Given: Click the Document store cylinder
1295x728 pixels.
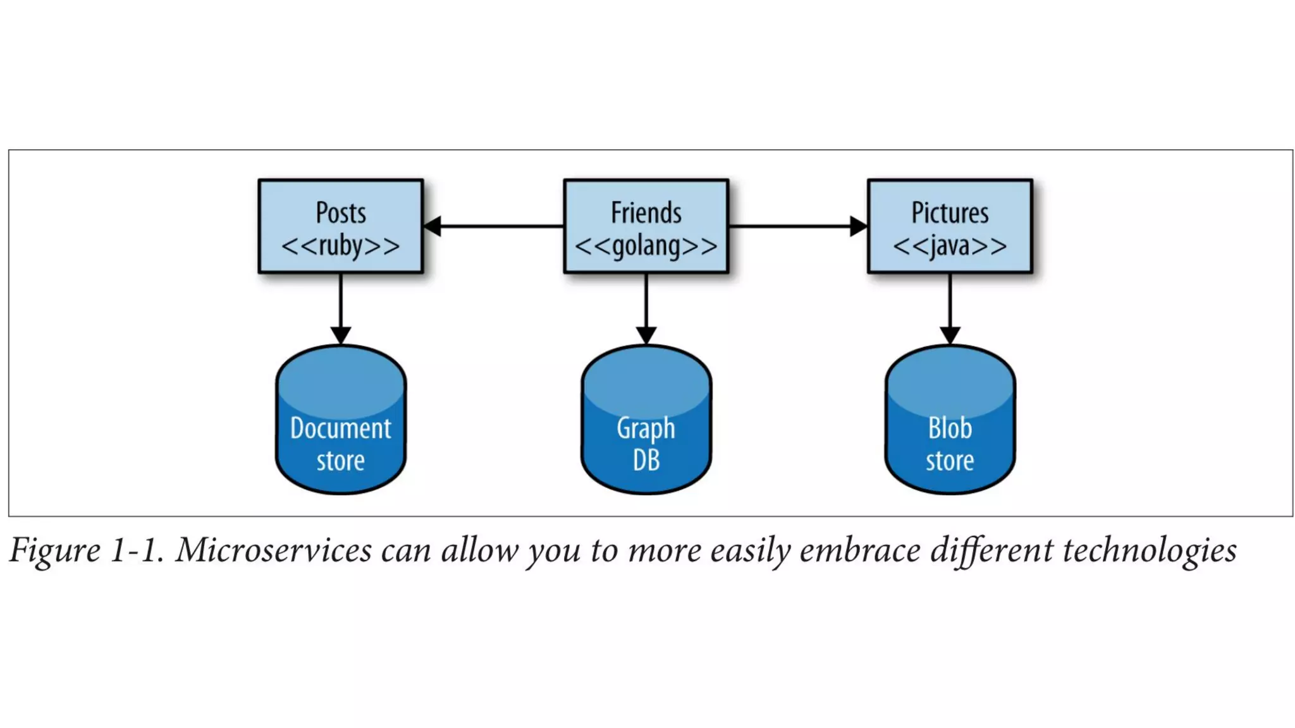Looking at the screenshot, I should (340, 420).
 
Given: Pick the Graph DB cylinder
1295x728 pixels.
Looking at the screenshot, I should (646, 420).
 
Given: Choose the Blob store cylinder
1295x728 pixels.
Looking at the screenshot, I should (950, 420).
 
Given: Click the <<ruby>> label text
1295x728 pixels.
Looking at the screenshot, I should (340, 246).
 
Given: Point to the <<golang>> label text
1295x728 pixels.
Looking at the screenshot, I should (646, 246).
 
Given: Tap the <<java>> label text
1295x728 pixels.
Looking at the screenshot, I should (950, 246).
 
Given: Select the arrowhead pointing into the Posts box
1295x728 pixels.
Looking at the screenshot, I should (432, 226).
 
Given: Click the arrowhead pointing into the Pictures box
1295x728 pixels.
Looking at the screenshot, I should (859, 226).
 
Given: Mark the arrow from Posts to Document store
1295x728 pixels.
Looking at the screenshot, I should (340, 306).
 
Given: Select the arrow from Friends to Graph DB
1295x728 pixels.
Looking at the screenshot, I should (646, 306).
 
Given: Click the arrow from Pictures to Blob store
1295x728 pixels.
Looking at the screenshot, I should (950, 306).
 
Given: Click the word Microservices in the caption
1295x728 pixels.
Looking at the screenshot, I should (274, 550).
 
